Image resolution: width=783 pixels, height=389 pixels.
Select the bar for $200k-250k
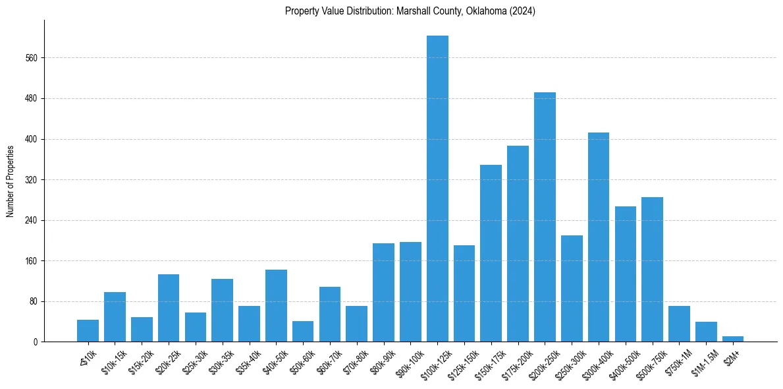[x=545, y=217]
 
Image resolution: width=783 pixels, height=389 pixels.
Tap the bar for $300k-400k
[x=599, y=237]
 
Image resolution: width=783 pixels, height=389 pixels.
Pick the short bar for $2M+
[x=733, y=339]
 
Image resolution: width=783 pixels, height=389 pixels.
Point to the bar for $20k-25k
[x=169, y=308]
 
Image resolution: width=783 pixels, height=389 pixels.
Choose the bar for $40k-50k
[x=276, y=306]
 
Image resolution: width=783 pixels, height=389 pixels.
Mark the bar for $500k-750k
[x=652, y=270]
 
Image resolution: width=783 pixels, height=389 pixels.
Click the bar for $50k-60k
[x=303, y=332]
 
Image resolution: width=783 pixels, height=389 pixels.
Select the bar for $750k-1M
[x=679, y=324]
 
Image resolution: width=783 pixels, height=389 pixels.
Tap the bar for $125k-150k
[x=464, y=293]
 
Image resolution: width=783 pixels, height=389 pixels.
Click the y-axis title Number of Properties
[x=11, y=181]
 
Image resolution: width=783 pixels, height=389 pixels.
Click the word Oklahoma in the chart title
[x=472, y=11]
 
